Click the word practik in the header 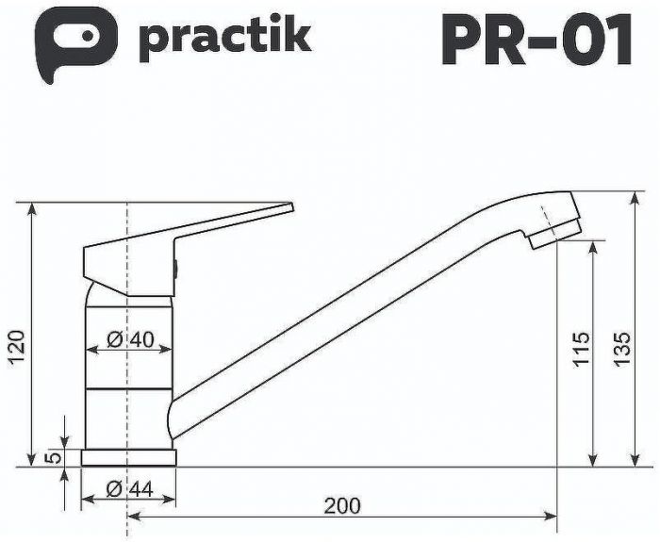(225, 38)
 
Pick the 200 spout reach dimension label (341, 506)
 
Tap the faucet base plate (128, 457)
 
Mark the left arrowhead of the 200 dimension (132, 517)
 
